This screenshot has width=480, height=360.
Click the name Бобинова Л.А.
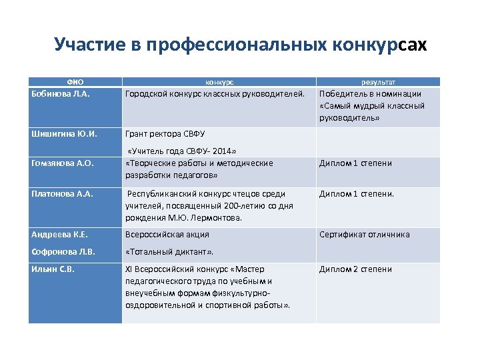point(61,94)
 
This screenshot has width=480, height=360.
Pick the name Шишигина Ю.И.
point(64,133)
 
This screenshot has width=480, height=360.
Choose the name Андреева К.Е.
point(60,235)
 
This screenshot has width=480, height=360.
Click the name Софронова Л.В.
point(63,253)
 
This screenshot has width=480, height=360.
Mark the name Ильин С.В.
point(53,269)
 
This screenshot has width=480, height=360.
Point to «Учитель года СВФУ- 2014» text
point(182,151)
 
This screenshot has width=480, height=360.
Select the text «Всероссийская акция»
point(167,235)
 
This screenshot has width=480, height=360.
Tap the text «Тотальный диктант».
point(170,253)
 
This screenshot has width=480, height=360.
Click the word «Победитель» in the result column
point(343,94)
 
